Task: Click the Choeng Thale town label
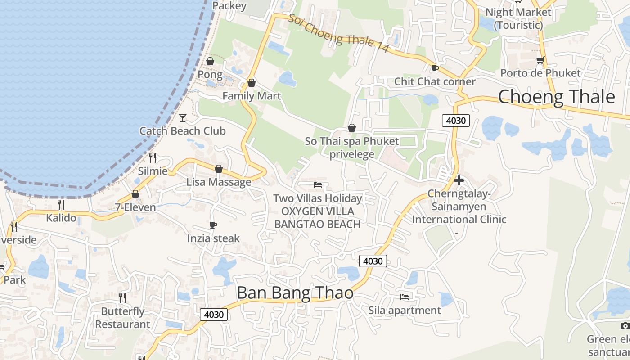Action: pyautogui.click(x=556, y=97)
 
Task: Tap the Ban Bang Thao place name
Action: pyautogui.click(x=295, y=293)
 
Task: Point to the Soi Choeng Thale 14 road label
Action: pyautogui.click(x=338, y=34)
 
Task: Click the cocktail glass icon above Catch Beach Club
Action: pyautogui.click(x=183, y=118)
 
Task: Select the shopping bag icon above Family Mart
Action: pyautogui.click(x=252, y=83)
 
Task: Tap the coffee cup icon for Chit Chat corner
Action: pyautogui.click(x=435, y=69)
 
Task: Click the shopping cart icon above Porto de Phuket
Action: pyautogui.click(x=540, y=60)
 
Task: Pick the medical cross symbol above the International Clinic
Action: pyautogui.click(x=459, y=180)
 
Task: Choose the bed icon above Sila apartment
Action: pyautogui.click(x=405, y=297)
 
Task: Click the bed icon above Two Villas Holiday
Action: pyautogui.click(x=318, y=185)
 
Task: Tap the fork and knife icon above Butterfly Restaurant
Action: pyautogui.click(x=122, y=297)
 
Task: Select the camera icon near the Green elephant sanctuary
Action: pyautogui.click(x=625, y=326)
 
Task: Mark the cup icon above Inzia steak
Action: pyautogui.click(x=213, y=225)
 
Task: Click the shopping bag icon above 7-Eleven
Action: pyautogui.click(x=135, y=194)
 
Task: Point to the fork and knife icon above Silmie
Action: pyautogui.click(x=153, y=157)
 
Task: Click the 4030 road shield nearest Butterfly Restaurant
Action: pyautogui.click(x=214, y=315)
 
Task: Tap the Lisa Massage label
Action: pyautogui.click(x=219, y=182)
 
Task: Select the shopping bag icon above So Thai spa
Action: pyautogui.click(x=352, y=129)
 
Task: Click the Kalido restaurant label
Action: pyautogui.click(x=61, y=218)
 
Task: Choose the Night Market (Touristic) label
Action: pyautogui.click(x=518, y=18)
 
